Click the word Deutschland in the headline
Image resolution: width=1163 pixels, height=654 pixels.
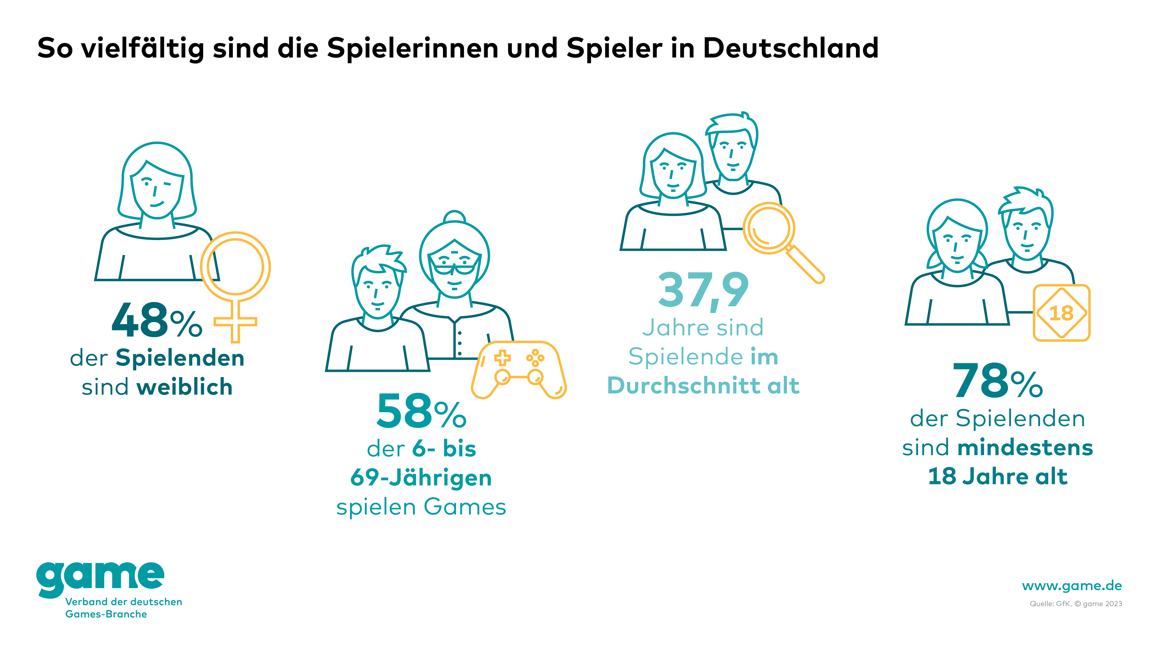click(791, 48)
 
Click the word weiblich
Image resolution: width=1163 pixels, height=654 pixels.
click(185, 387)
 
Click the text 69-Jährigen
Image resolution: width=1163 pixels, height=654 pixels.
click(421, 478)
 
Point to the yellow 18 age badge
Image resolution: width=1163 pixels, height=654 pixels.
click(1062, 313)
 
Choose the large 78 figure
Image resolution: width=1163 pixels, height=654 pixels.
click(981, 381)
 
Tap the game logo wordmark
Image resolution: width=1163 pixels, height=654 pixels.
click(100, 578)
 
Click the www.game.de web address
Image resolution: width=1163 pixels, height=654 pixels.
click(1072, 586)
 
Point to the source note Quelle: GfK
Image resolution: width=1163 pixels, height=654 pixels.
click(1051, 604)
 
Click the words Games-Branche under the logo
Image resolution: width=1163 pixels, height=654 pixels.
click(106, 614)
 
